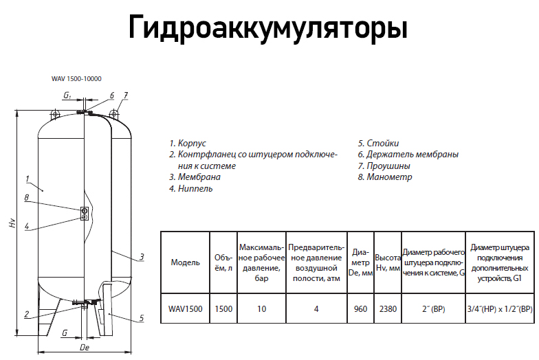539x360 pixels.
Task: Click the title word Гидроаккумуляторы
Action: click(268, 28)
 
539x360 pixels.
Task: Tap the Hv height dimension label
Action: click(11, 224)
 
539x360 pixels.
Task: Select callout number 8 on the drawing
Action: click(26, 198)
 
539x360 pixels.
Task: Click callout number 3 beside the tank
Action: click(142, 257)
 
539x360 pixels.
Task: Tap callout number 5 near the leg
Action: click(141, 318)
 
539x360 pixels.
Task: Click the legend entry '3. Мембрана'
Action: click(195, 177)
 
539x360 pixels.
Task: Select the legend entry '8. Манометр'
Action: click(384, 177)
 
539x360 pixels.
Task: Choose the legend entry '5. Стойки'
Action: click(378, 144)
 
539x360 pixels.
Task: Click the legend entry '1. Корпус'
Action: click(188, 144)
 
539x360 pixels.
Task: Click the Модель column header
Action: click(185, 262)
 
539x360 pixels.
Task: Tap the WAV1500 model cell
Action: click(185, 309)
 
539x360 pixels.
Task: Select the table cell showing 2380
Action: click(388, 309)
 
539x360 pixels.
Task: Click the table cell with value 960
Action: click(360, 309)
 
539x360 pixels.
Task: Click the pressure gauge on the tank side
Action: click(85, 213)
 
